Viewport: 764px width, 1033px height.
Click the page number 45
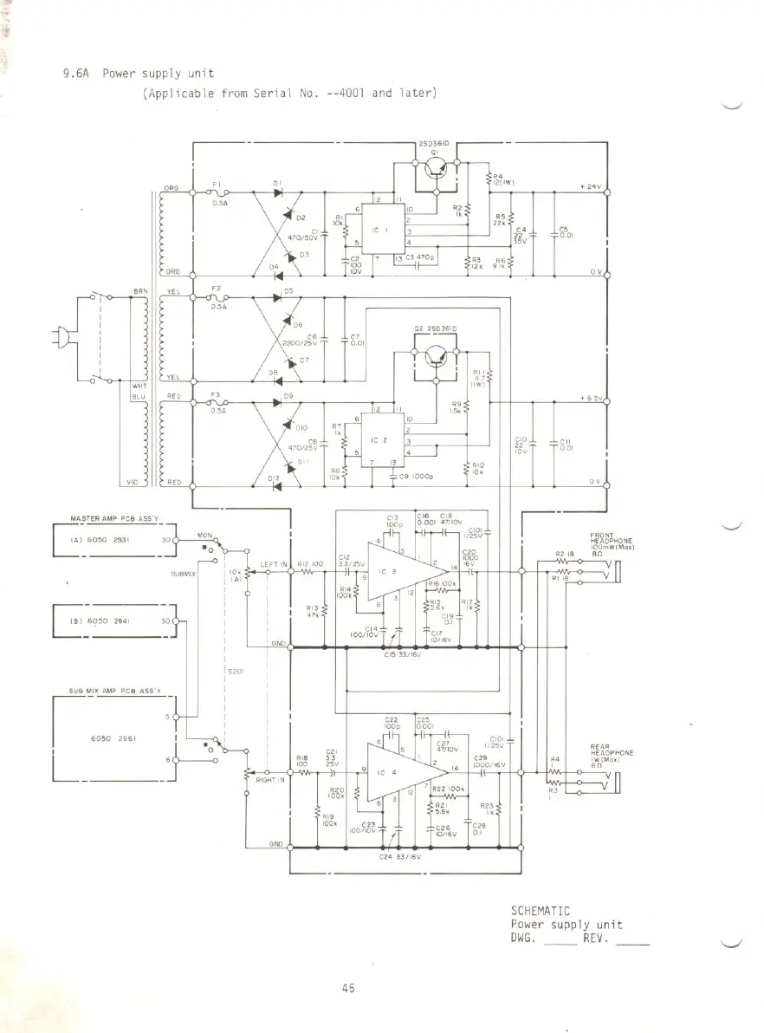tap(348, 991)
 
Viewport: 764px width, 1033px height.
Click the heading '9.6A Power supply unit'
tap(138, 74)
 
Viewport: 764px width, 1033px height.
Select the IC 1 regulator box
tap(379, 231)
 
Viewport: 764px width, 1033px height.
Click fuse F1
tap(217, 193)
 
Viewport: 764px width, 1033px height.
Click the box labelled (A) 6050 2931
tap(113, 538)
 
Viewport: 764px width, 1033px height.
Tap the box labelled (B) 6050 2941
tap(113, 621)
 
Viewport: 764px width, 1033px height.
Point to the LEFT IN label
tap(273, 564)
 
